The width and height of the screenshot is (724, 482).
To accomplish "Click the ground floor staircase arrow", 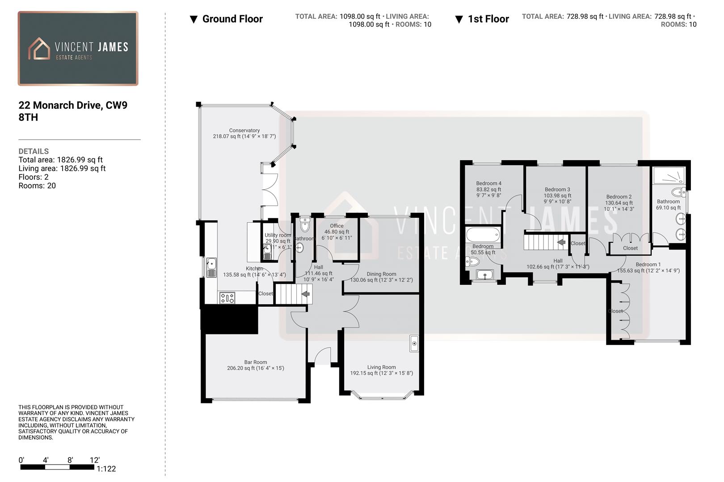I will coord(306,294).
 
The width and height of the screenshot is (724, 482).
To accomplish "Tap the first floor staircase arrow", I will coord(561,242).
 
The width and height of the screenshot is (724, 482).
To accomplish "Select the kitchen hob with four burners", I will coord(227,298).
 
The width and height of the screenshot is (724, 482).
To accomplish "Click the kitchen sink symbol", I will coord(211,267).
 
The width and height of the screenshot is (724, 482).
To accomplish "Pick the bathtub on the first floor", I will coord(483,235).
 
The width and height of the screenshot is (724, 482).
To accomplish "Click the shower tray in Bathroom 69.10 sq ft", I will coord(669,175).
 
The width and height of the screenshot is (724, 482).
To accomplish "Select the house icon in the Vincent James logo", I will coord(39,49).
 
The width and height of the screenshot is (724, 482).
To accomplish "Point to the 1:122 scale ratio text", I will coord(106,469).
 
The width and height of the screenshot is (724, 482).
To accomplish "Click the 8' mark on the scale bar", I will coord(70,460).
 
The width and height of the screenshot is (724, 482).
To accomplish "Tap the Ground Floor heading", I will coord(232,19).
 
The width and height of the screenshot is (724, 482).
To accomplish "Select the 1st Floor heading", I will coord(488,19).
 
